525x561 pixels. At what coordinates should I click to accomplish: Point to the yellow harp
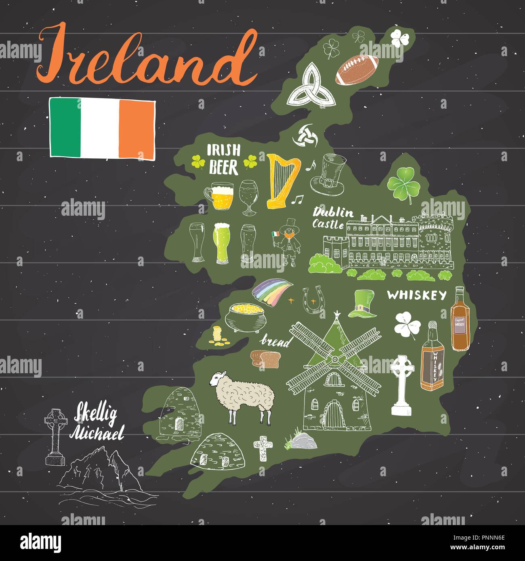click(x=282, y=180)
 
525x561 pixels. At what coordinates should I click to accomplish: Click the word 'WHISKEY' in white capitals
click(x=417, y=296)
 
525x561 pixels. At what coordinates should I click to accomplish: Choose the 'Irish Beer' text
click(x=223, y=160)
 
